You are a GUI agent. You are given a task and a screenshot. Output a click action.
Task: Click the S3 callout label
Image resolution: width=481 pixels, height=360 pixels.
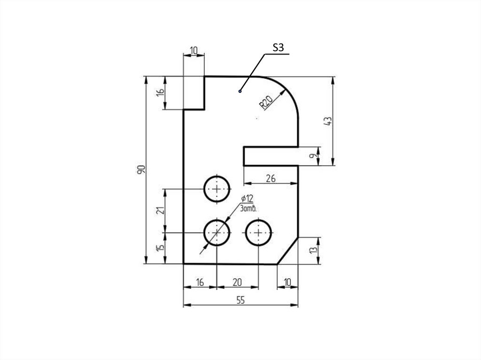point(278,47)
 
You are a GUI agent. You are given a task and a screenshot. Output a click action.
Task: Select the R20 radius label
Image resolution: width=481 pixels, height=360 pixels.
point(266,103)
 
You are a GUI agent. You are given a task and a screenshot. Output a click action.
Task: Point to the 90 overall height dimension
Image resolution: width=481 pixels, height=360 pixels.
point(141,169)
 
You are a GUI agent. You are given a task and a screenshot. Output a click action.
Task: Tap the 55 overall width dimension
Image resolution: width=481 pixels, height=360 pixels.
point(241,300)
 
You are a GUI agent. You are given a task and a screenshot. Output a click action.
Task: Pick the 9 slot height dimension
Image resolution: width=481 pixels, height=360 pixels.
point(312,156)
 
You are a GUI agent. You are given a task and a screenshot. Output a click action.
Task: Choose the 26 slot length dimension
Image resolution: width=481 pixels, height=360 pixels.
point(271,178)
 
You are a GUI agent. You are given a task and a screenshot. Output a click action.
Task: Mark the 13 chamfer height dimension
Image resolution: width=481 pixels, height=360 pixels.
point(313,250)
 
